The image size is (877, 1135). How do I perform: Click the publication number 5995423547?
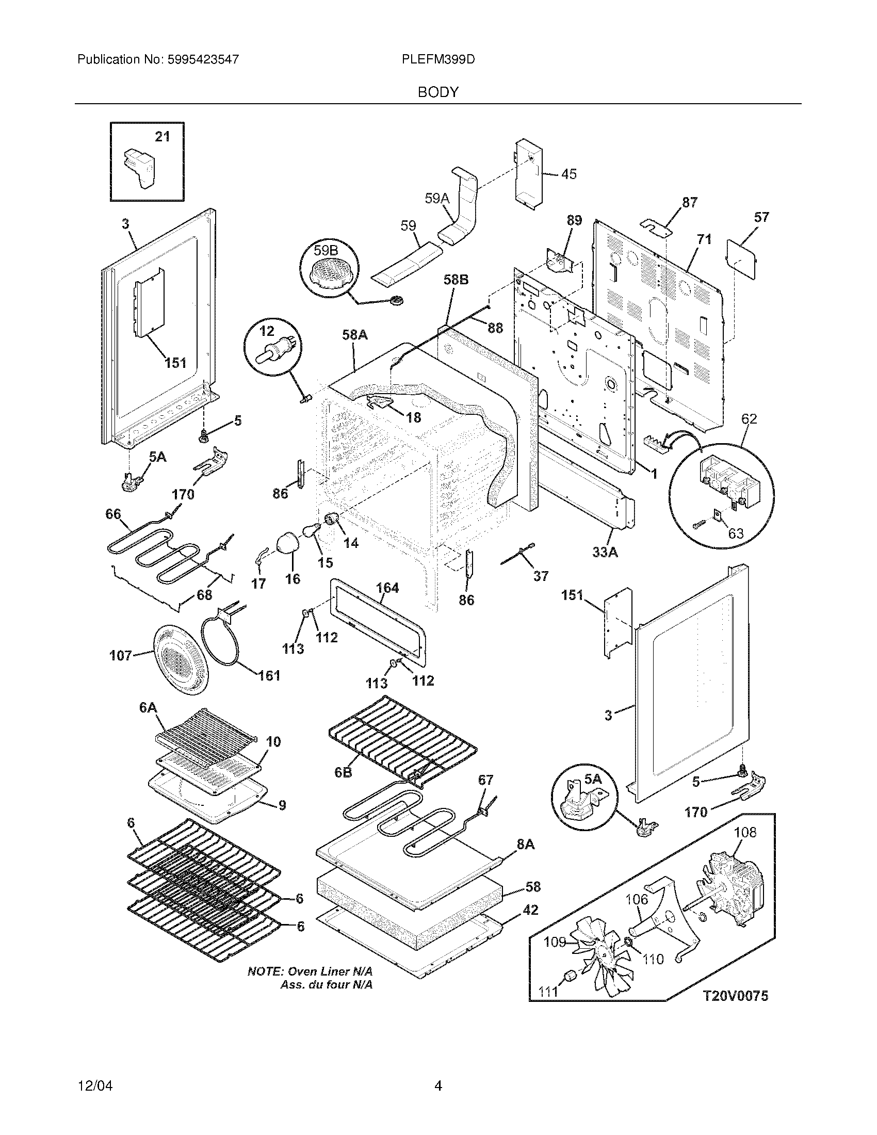tap(203, 60)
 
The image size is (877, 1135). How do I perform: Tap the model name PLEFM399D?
tap(438, 60)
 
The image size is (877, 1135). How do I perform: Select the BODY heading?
tap(438, 92)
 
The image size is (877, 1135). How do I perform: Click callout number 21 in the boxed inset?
tap(163, 137)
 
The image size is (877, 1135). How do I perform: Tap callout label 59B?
tap(326, 251)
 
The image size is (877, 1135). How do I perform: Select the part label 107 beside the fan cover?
tap(121, 656)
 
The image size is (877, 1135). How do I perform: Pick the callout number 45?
tap(569, 174)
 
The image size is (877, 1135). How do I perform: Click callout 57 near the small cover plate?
tap(761, 217)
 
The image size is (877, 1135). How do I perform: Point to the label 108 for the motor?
tap(745, 833)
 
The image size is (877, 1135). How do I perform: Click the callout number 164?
tap(387, 588)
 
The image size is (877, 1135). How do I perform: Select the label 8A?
tap(525, 845)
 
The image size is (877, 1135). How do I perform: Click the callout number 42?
tap(530, 910)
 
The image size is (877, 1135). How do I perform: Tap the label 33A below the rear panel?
tap(605, 553)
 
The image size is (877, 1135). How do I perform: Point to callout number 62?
tap(749, 419)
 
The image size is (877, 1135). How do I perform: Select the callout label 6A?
tap(148, 707)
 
